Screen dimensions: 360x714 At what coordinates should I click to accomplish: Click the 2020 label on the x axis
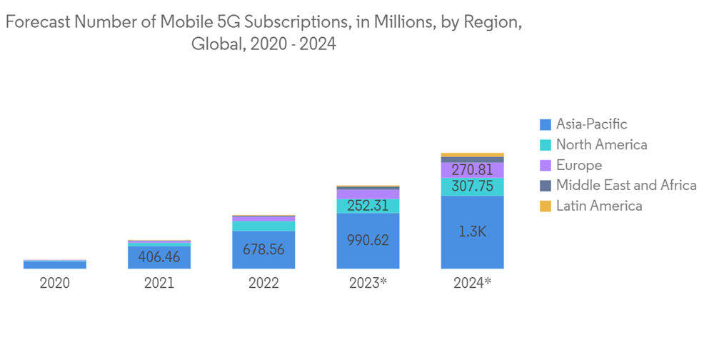54,283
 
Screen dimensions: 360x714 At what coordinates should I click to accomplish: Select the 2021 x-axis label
159,283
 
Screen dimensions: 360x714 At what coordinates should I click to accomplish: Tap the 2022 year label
263,283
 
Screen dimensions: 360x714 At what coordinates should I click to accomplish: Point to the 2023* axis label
368,283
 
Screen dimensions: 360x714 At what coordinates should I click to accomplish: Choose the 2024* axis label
472,283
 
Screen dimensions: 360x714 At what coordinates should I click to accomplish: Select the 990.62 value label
368,240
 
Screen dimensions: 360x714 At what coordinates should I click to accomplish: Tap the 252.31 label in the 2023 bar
368,206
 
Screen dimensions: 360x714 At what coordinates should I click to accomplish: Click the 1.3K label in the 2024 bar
472,231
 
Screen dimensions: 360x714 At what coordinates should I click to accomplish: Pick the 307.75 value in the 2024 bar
472,186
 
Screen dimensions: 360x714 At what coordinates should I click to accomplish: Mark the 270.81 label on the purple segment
472,170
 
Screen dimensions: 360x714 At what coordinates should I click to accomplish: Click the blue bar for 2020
54,264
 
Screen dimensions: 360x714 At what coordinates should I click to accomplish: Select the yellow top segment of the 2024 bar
472,155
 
